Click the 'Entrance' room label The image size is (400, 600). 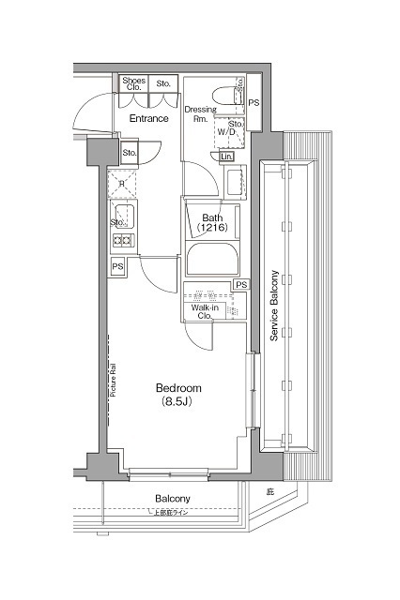(148, 119)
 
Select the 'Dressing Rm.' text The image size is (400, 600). (199, 113)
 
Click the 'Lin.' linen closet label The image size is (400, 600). (227, 157)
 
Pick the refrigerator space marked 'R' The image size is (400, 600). (122, 184)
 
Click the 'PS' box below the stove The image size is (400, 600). (117, 267)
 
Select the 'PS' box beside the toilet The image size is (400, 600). (254, 102)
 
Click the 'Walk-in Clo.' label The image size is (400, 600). (206, 311)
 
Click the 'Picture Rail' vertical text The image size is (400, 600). (112, 380)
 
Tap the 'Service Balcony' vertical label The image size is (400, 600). (274, 307)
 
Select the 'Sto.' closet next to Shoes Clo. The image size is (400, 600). (163, 84)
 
